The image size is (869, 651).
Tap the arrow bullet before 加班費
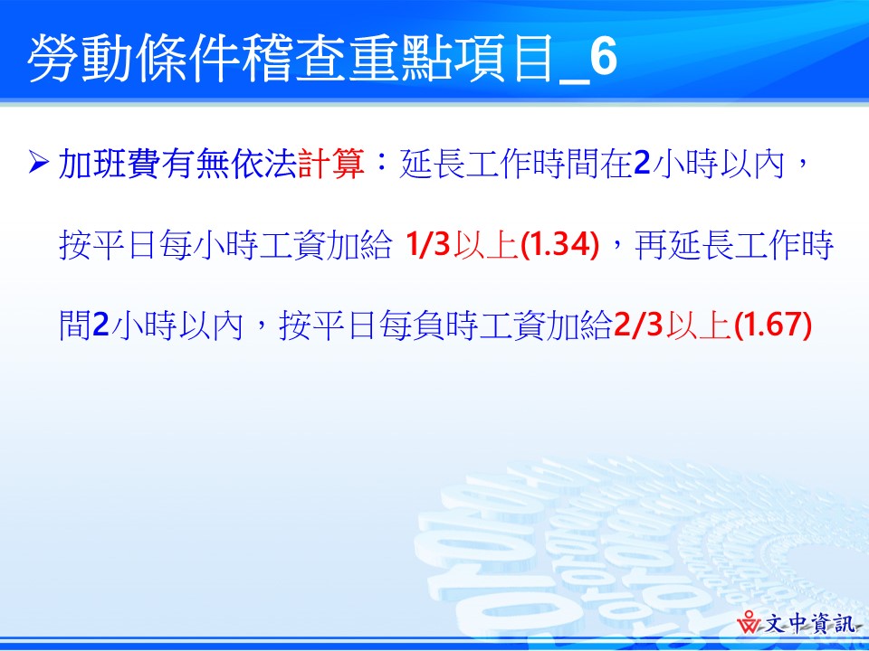[38, 164]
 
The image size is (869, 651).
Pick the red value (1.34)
[560, 245]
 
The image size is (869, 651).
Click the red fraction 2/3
[638, 325]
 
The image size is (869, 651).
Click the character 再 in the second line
[653, 245]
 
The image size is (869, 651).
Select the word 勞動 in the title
[80, 60]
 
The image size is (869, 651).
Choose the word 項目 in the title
[501, 60]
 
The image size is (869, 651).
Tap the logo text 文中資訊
[809, 624]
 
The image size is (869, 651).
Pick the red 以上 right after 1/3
[485, 245]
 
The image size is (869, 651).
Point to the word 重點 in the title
[396, 60]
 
